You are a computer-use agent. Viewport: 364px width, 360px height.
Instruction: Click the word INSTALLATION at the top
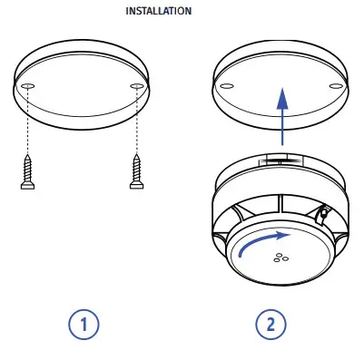click(x=164, y=12)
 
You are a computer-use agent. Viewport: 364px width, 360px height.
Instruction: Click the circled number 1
click(x=83, y=325)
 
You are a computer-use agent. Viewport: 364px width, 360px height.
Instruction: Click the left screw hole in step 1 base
click(x=27, y=86)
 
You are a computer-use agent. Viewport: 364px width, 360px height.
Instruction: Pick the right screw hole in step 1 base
click(x=137, y=86)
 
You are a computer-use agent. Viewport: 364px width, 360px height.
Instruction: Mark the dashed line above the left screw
click(x=27, y=122)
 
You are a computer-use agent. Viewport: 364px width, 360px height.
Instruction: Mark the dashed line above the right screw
click(x=138, y=122)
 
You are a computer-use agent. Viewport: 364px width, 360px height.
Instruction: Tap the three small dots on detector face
click(x=282, y=257)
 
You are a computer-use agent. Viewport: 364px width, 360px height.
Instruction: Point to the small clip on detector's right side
click(x=322, y=214)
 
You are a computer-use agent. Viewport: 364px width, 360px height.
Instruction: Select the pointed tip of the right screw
click(x=138, y=156)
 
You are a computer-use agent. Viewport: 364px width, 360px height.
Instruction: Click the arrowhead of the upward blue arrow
click(x=283, y=94)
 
